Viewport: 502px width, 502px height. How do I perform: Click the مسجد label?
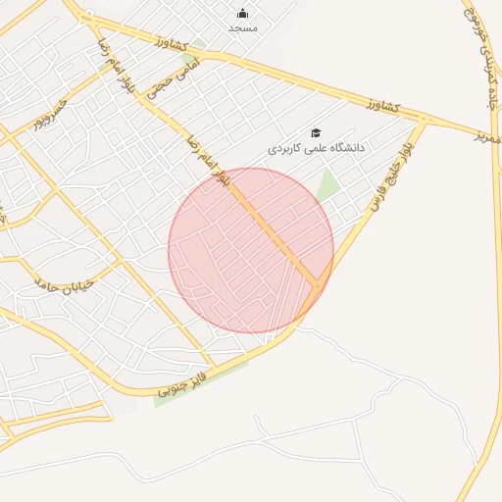coord(243,28)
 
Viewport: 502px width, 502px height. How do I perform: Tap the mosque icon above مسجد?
coord(243,14)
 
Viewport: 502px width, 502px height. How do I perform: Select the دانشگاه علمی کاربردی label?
coord(316,147)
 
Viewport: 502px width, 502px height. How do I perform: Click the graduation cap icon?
coord(316,132)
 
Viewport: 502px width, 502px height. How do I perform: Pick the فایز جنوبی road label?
coord(185,383)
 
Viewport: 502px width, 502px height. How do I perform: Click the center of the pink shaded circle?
coord(251,251)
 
